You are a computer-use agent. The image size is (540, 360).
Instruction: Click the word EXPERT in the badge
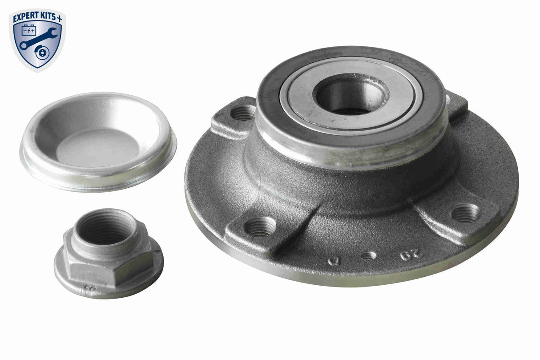click(x=28, y=18)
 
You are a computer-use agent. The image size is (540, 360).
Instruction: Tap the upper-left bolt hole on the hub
click(x=243, y=113)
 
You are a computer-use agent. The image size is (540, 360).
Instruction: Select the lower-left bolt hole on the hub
click(x=260, y=227)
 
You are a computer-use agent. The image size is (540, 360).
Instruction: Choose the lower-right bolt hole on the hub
click(x=465, y=213)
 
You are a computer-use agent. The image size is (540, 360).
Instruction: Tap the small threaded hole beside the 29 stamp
click(x=368, y=256)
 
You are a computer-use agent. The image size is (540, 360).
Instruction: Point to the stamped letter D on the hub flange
click(x=333, y=261)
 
